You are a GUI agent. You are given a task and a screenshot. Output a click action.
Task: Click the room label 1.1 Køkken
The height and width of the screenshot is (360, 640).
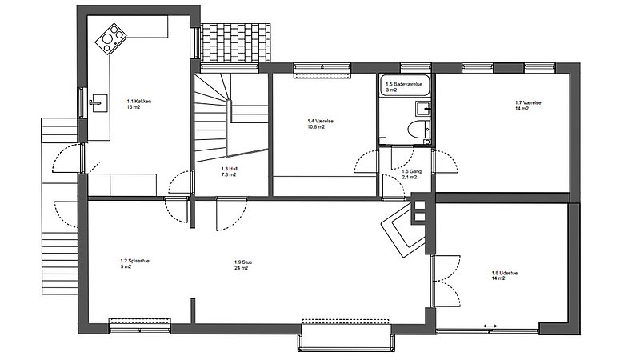(x=138, y=104)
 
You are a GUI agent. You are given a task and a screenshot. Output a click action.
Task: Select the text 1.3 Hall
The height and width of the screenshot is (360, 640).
(x=229, y=171)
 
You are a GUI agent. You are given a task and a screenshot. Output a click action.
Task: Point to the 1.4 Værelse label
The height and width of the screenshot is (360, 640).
(x=320, y=124)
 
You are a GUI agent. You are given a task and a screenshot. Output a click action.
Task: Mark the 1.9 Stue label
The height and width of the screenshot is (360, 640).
(x=242, y=265)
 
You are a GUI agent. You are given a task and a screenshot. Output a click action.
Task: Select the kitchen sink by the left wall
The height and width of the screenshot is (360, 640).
(x=98, y=102)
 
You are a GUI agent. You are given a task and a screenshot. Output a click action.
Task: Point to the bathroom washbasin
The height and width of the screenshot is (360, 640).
(x=422, y=108)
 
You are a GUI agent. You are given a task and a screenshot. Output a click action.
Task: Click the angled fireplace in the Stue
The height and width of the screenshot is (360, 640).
(x=402, y=230)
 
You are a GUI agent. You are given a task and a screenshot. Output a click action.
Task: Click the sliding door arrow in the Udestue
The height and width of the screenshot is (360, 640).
(x=490, y=326)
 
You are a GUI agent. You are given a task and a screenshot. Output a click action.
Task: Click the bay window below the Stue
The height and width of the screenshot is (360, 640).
(x=348, y=334)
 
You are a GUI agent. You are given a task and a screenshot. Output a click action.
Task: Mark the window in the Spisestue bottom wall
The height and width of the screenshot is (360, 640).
(x=140, y=323)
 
